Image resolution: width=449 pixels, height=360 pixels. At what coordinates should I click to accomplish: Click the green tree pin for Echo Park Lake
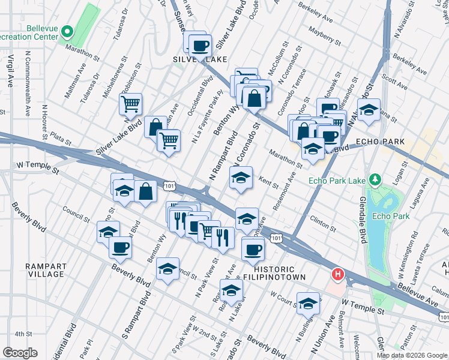(x=375, y=179)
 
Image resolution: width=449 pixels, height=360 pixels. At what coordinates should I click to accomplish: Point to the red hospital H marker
(x=338, y=275)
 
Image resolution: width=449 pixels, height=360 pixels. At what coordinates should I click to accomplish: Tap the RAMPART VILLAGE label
(x=44, y=270)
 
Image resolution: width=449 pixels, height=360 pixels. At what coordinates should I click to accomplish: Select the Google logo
(x=20, y=353)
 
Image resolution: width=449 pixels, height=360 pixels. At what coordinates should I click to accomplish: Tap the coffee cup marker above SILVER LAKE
(x=200, y=45)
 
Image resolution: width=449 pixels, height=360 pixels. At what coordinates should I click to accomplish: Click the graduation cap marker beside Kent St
(x=241, y=178)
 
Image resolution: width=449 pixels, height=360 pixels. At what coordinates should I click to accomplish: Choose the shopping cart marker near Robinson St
(x=130, y=104)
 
